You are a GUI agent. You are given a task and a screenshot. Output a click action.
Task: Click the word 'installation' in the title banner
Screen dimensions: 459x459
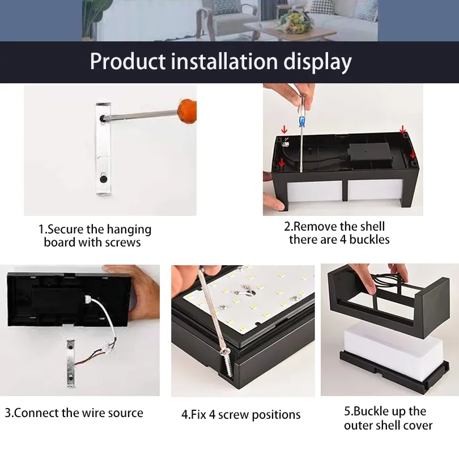pos(221,61)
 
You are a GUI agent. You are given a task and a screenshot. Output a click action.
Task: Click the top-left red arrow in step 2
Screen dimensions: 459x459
pos(284,130)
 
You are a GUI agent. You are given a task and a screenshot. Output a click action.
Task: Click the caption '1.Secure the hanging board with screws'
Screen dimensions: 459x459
pos(94,236)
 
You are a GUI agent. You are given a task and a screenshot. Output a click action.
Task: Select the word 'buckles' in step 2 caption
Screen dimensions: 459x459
pos(369,240)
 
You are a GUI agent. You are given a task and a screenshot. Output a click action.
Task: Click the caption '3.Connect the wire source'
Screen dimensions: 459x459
pos(74,413)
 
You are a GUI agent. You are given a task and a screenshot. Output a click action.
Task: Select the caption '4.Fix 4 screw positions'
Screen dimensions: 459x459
pos(241,415)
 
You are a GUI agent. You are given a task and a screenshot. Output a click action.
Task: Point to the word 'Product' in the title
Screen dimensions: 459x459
pos(128,61)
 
